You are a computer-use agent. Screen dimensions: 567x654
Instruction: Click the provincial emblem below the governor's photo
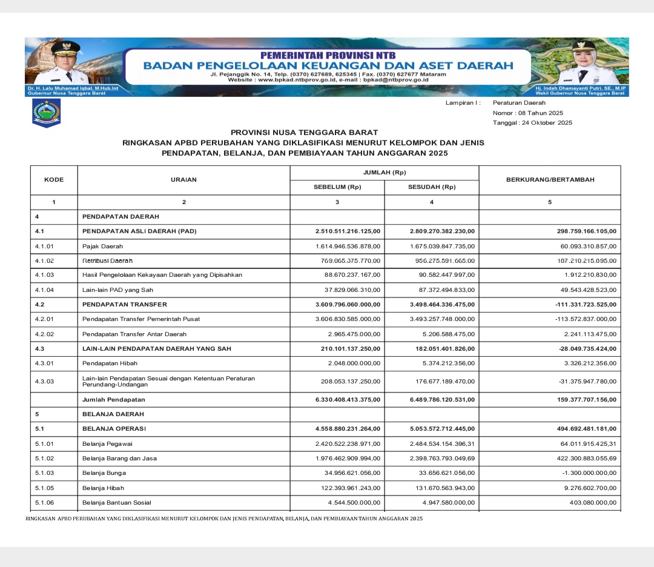(46, 113)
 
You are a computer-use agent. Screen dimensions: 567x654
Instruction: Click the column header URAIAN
(183, 180)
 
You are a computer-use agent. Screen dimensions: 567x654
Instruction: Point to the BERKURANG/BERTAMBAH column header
(550, 180)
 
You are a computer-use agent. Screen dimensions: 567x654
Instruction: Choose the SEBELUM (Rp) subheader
(337, 187)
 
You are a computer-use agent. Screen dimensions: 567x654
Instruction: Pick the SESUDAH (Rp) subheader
(431, 187)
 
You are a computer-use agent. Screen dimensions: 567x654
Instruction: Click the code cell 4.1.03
(45, 275)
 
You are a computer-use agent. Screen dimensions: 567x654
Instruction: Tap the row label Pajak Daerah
(102, 247)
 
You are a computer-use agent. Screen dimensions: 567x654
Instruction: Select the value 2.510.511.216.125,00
(348, 231)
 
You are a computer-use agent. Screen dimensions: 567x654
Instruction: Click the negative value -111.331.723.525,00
(577, 304)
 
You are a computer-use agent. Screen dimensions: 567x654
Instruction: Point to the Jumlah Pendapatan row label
(114, 400)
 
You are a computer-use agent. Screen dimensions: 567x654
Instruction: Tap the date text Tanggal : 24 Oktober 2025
(532, 123)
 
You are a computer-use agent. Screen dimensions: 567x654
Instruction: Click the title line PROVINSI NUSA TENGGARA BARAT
(304, 132)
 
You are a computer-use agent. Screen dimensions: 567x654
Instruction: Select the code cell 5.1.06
(45, 502)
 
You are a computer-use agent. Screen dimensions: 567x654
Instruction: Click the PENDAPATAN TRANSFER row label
(125, 304)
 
